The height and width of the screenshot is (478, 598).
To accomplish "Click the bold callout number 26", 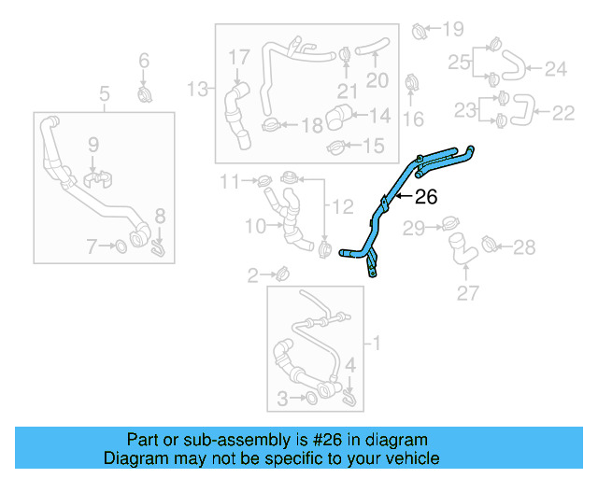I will coord(425,197).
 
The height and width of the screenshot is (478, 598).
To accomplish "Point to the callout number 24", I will coord(556,68).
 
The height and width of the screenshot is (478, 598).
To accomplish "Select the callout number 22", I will coord(562,113).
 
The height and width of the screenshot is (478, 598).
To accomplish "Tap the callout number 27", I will coord(467,294).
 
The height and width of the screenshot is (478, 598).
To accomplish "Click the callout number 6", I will coord(143,61).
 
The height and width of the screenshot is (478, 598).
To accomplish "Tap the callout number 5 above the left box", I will coord(104,92).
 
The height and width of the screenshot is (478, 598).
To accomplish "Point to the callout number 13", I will coord(197,90).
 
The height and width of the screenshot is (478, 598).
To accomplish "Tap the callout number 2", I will coord(253,274).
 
